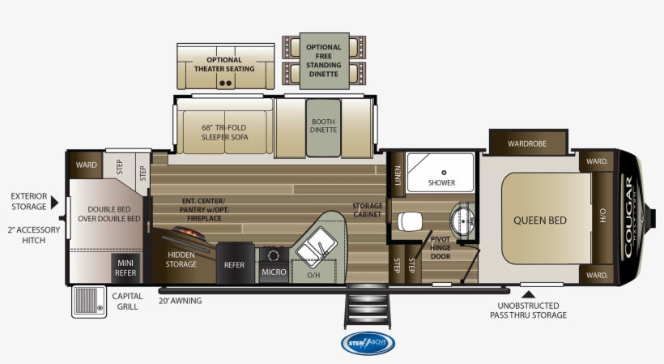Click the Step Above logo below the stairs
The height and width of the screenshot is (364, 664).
[x=368, y=343]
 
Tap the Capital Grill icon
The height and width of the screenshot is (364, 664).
[x=87, y=301]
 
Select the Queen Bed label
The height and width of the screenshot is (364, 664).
[x=540, y=220]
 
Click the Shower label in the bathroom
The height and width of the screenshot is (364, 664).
[x=442, y=182]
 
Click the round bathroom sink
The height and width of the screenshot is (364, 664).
[x=463, y=219]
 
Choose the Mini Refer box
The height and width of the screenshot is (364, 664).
[x=126, y=268]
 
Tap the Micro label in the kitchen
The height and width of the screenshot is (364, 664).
[x=274, y=272]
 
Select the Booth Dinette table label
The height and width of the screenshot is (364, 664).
[x=323, y=126]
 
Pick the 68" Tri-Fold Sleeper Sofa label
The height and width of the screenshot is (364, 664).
[x=224, y=131]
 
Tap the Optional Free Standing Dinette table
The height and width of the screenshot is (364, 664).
[x=324, y=58]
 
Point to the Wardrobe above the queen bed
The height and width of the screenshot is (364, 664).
[x=527, y=143]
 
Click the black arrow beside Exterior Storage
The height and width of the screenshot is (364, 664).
[x=54, y=195]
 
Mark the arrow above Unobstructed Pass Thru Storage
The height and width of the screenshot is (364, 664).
[x=527, y=295]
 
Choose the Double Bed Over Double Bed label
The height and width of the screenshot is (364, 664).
[x=109, y=212]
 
